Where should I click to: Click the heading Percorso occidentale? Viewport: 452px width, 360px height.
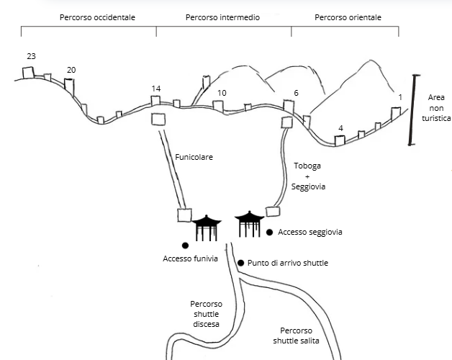click(88, 17)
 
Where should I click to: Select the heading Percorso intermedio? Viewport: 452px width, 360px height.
click(222, 17)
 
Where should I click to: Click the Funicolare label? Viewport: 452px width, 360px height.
click(194, 156)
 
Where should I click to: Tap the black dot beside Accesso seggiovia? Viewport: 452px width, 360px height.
click(270, 233)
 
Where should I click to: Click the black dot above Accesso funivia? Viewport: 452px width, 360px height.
click(185, 246)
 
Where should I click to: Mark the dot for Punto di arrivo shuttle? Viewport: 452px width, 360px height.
click(240, 263)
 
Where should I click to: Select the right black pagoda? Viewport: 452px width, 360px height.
click(250, 225)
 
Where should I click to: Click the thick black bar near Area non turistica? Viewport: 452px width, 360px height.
click(412, 109)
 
